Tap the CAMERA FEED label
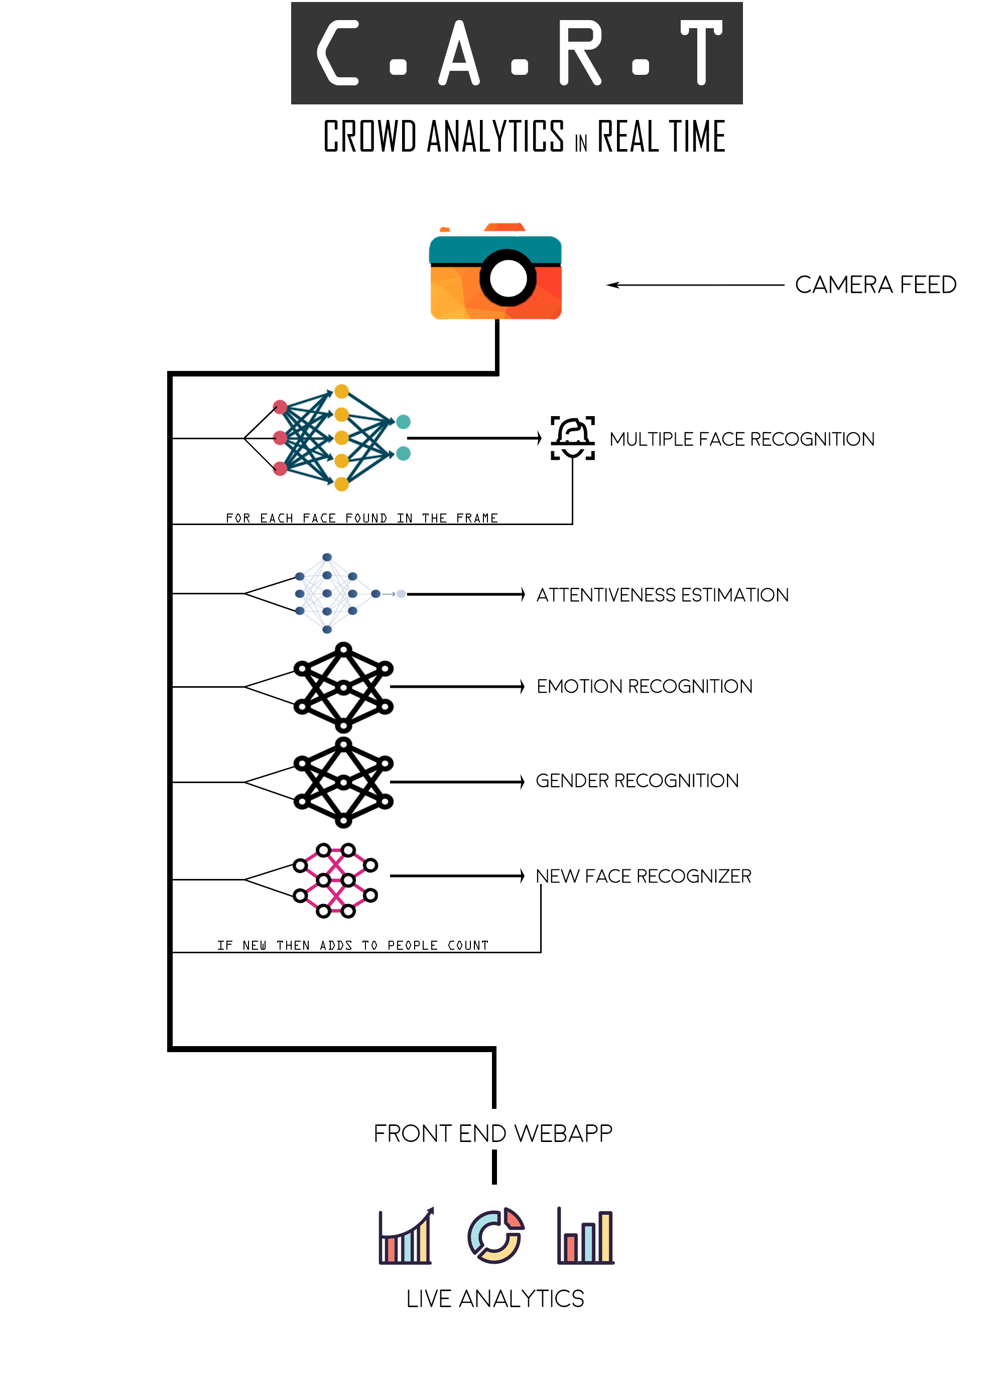coord(875,285)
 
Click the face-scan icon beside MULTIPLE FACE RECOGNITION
coord(572,438)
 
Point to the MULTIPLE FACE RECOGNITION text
coord(741,439)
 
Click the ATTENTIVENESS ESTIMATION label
coord(662,595)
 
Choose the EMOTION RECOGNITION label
coord(645,687)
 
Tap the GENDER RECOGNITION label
coord(637,781)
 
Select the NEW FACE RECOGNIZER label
coord(643,876)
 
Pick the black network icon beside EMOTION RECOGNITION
coord(343,687)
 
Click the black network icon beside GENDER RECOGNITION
coord(343,782)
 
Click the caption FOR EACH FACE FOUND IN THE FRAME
coord(361,518)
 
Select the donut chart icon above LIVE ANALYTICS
coord(495,1235)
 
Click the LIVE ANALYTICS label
coord(494,1299)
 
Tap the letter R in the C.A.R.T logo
coord(580,53)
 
